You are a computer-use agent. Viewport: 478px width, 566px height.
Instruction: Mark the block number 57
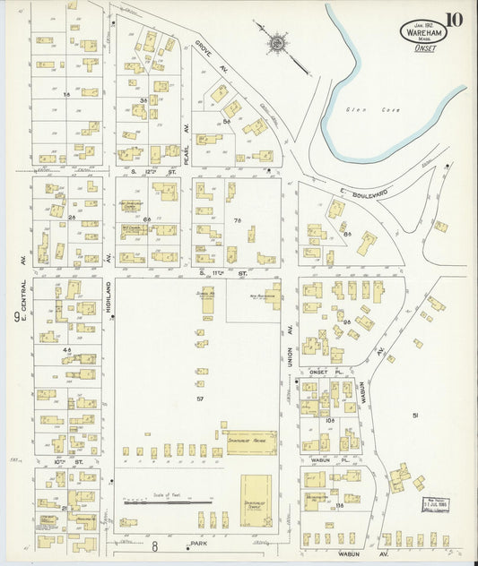pyautogui.click(x=201, y=397)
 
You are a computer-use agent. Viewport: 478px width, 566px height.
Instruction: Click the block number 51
pyautogui.click(x=415, y=415)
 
